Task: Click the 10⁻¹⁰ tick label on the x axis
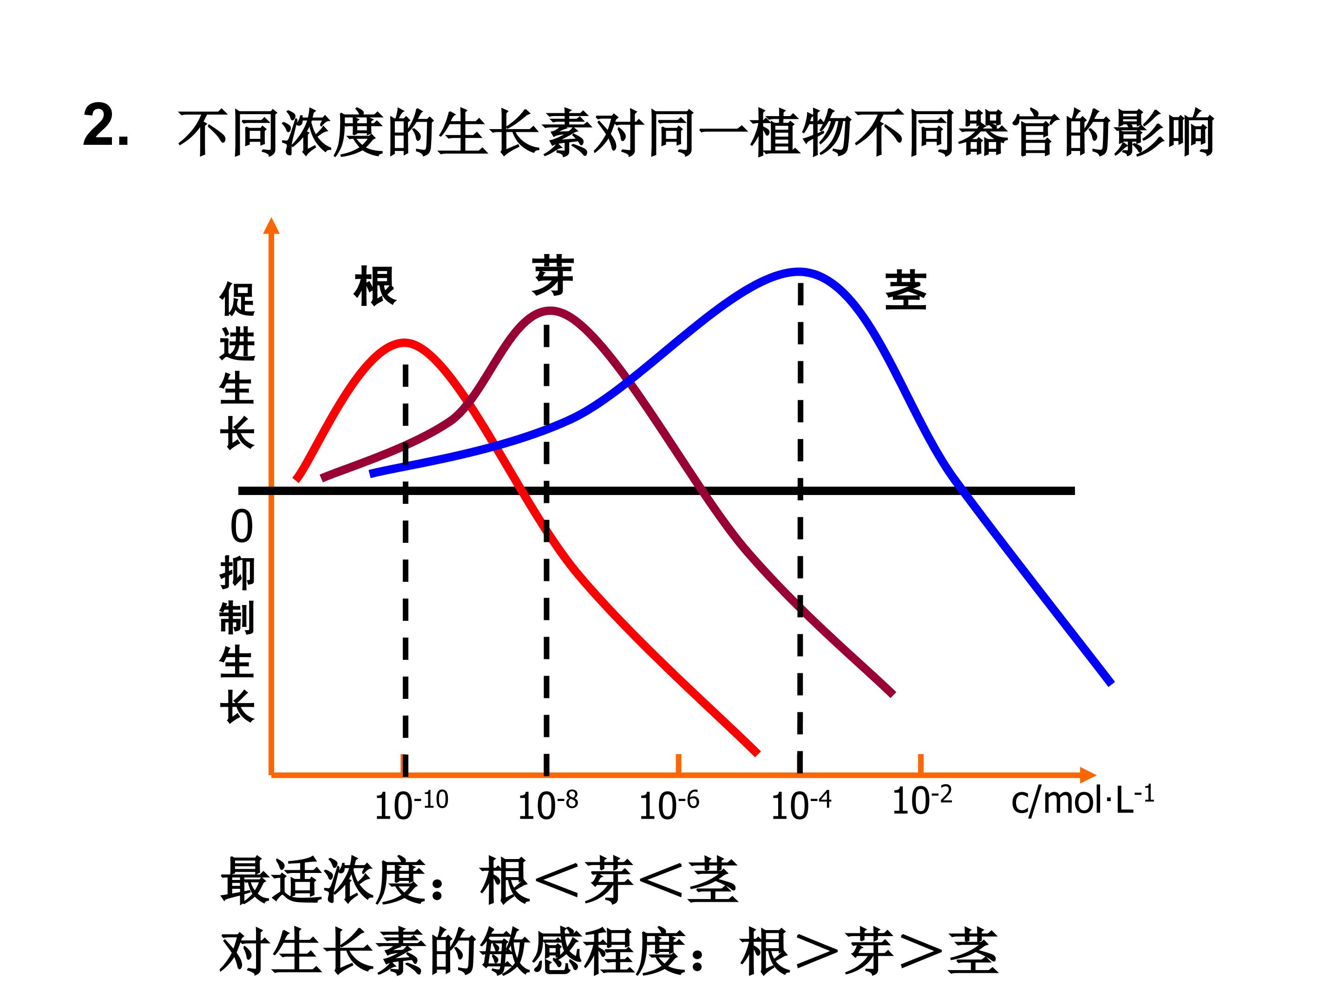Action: (411, 805)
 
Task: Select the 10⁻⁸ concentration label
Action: (547, 805)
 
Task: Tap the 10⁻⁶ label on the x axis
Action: (669, 805)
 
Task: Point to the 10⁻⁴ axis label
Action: (801, 805)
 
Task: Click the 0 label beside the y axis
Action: (241, 527)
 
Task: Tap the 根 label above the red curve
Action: (375, 286)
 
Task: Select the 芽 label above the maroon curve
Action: (553, 276)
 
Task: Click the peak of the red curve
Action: (405, 343)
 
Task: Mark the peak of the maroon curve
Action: (549, 310)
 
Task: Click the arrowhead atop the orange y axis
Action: (272, 226)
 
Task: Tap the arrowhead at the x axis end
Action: (1087, 775)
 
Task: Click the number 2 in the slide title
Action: (99, 125)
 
